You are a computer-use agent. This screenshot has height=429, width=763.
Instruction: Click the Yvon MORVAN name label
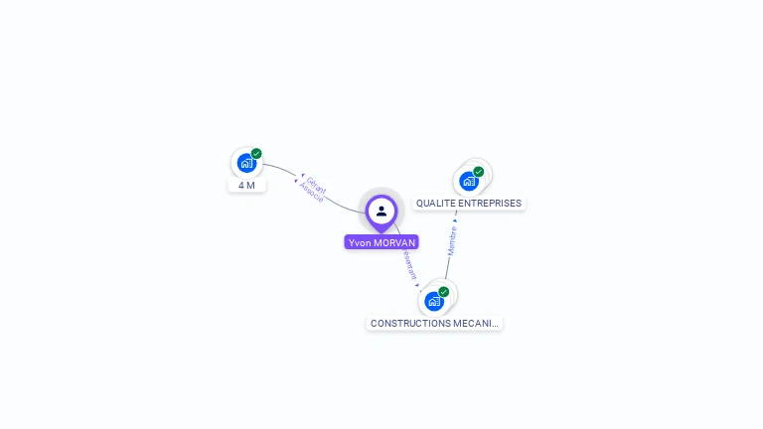[381, 242]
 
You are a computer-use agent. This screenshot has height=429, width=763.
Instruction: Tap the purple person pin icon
[381, 211]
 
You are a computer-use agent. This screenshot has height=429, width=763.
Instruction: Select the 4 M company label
[246, 186]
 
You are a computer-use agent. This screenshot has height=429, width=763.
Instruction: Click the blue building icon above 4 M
[246, 164]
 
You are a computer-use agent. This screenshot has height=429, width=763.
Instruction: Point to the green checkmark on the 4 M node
[256, 154]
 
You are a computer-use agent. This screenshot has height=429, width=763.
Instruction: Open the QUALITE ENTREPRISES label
[469, 204]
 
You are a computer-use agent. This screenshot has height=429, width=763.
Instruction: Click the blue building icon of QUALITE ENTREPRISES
[469, 181]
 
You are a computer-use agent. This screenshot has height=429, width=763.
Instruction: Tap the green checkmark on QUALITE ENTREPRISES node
[479, 172]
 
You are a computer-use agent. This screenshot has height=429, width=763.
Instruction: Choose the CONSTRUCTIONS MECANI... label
[434, 324]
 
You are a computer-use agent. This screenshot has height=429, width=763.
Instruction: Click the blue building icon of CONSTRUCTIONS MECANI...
[434, 301]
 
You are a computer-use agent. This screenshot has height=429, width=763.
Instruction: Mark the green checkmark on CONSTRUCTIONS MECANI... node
[444, 292]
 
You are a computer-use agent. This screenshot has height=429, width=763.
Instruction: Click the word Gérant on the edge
[317, 185]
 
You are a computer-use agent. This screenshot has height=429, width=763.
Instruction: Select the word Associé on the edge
[311, 193]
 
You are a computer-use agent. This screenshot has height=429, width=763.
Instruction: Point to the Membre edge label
[452, 240]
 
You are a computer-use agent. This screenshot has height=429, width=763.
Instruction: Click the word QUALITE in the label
[432, 204]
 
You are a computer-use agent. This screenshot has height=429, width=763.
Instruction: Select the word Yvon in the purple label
[359, 242]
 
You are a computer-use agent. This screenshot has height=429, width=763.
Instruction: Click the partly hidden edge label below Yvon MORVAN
[409, 264]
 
